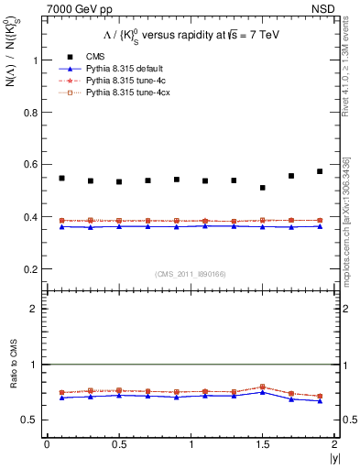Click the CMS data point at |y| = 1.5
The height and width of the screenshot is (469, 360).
263,188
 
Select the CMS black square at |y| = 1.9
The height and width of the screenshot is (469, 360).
320,171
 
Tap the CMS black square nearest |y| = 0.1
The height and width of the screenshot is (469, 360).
61,178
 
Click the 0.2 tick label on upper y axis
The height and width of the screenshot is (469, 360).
33,269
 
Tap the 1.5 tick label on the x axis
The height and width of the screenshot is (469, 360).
263,444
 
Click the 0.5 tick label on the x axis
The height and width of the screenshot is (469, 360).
119,444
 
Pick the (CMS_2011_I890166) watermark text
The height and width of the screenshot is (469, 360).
191,274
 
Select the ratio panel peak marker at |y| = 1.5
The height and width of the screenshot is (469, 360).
263,387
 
